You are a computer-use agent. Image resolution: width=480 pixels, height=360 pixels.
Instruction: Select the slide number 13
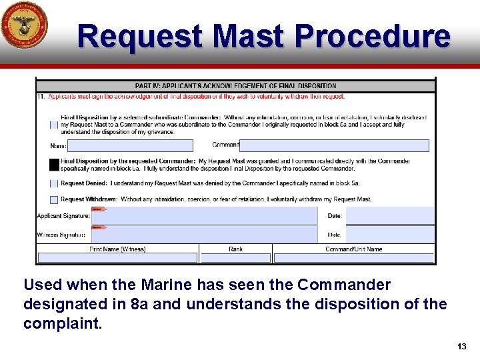pyautogui.click(x=462, y=347)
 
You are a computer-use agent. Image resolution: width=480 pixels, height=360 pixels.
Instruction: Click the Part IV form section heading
pyautogui.click(x=235, y=85)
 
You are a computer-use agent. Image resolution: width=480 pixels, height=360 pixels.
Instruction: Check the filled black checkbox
pyautogui.click(x=54, y=164)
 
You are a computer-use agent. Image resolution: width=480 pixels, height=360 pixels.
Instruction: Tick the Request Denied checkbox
pyautogui.click(x=54, y=183)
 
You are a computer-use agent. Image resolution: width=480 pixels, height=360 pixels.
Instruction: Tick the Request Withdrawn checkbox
pyautogui.click(x=54, y=199)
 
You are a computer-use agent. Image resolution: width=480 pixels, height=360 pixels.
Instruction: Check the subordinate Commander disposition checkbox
pyautogui.click(x=54, y=125)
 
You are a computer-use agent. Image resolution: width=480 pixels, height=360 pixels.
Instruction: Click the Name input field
pyautogui.click(x=130, y=145)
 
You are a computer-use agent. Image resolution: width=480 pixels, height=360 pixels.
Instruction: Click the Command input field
pyautogui.click(x=334, y=145)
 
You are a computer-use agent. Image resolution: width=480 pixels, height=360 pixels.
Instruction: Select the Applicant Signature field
pyautogui.click(x=205, y=216)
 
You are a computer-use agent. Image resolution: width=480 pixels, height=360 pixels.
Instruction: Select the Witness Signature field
pyautogui.click(x=205, y=235)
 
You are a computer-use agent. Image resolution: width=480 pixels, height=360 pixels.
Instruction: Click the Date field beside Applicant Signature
pyautogui.click(x=389, y=216)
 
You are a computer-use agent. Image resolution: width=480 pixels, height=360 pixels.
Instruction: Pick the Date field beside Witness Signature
pyautogui.click(x=389, y=235)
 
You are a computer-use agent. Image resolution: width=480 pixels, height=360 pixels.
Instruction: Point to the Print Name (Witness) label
pyautogui.click(x=117, y=249)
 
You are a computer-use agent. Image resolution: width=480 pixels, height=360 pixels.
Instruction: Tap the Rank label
pyautogui.click(x=236, y=249)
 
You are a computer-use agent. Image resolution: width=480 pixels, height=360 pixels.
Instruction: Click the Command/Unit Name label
pyautogui.click(x=353, y=249)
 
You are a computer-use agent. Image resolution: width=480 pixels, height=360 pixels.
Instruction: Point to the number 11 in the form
pyautogui.click(x=41, y=96)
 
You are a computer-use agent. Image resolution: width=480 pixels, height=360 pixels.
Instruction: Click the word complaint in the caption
pyautogui.click(x=61, y=323)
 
